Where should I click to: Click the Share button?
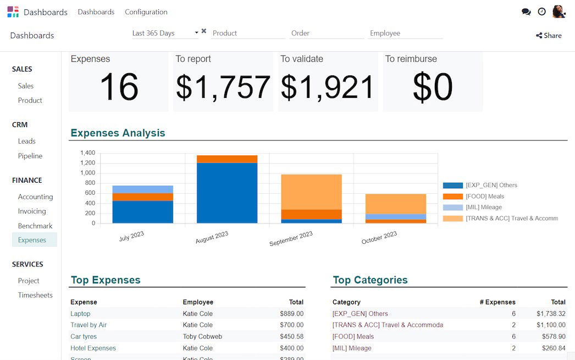[x=549, y=36]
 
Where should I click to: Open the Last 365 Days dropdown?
[x=165, y=34]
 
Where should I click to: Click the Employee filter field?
[x=405, y=34]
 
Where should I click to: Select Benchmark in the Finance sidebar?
[x=35, y=226]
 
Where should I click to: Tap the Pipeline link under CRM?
[x=30, y=156]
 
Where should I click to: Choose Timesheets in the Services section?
[x=35, y=295]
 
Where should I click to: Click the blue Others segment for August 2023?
[x=227, y=193]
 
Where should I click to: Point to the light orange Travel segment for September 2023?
[x=311, y=192]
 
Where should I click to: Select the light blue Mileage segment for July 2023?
[x=143, y=189]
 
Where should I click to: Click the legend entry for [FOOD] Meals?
[x=484, y=197]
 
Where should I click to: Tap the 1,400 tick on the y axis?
[x=87, y=153]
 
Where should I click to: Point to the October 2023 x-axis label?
[x=379, y=238]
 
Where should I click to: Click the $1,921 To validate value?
[x=328, y=88]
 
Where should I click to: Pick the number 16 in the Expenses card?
[x=119, y=88]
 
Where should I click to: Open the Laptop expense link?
[x=80, y=314]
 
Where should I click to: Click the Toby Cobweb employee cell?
[x=202, y=336]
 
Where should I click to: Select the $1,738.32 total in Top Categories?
[x=551, y=314]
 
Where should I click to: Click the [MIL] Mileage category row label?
[x=352, y=348]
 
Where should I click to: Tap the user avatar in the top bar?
[x=559, y=12]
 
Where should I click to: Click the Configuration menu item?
[x=146, y=12]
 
